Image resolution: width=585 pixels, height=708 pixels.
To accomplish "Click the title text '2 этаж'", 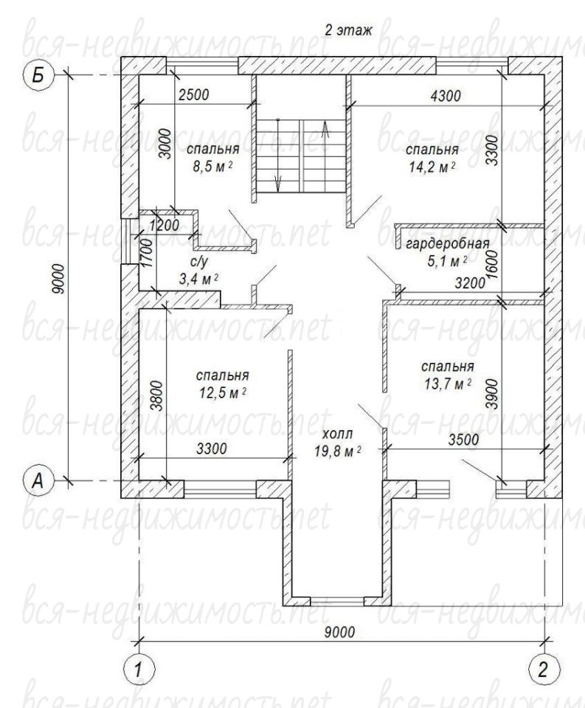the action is tap(348, 30).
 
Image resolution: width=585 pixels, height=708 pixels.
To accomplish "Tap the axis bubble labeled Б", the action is tap(39, 75).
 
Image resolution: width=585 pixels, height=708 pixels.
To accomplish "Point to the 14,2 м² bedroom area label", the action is tap(432, 167).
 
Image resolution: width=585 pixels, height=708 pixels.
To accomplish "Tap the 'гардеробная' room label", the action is tap(448, 244).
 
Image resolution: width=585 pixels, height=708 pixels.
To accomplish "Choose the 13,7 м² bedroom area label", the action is tap(448, 384).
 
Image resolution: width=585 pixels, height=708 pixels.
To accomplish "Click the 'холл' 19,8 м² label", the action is tap(338, 443).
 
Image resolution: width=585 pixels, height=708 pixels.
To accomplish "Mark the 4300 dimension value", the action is tap(446, 96).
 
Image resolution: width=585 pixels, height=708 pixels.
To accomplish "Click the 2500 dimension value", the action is tap(194, 95).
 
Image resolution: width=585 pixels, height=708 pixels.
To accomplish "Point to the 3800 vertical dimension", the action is tap(156, 395).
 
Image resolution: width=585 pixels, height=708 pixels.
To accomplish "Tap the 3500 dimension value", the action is tap(463, 440).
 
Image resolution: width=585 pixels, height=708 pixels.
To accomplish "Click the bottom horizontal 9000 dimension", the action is tap(339, 632).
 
